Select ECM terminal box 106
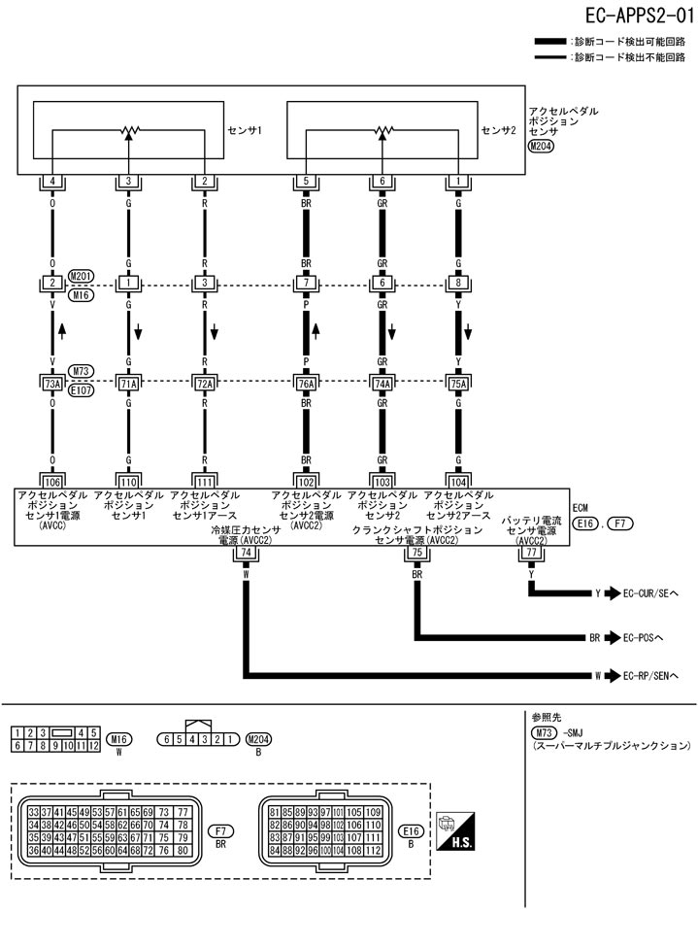tap(52, 481)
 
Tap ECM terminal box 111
tap(205, 481)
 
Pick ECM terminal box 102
tap(307, 481)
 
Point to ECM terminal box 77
tap(531, 552)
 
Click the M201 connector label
tap(81, 276)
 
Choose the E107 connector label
tap(81, 390)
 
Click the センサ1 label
tap(245, 128)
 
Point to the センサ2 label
tap(499, 128)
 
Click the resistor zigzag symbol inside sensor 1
tap(129, 131)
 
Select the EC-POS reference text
tap(642, 638)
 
